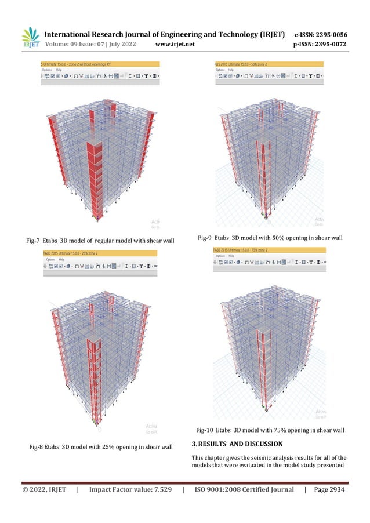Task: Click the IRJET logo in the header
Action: point(30,38)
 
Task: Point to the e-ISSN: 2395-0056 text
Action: point(321,34)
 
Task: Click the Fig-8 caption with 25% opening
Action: point(101,446)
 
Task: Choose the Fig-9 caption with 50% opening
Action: point(270,238)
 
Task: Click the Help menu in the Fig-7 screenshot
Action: point(62,70)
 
